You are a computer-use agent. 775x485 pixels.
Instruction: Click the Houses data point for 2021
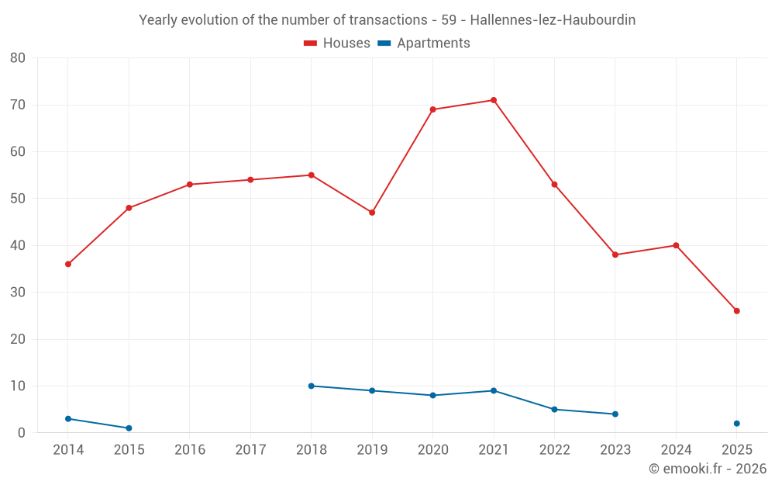[x=494, y=100]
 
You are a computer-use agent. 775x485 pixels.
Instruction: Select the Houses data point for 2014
[x=68, y=264]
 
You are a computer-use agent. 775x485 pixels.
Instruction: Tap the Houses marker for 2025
[x=736, y=311]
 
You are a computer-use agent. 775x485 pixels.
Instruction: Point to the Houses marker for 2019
[x=372, y=213]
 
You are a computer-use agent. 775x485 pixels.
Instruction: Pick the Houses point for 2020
[x=432, y=109]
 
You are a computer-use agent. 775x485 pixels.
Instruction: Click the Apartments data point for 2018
[x=312, y=386]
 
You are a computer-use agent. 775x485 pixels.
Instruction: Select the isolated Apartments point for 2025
[x=736, y=424]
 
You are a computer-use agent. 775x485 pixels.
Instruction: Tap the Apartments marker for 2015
[x=129, y=428]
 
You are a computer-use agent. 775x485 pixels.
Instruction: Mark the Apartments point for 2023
[x=615, y=414]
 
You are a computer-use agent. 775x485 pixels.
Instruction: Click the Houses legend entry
[x=337, y=43]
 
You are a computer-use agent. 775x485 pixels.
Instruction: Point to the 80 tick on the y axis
[x=18, y=58]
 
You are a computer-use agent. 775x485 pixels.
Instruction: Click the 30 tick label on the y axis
[x=18, y=293]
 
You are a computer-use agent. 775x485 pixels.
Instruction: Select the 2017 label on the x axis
[x=250, y=450]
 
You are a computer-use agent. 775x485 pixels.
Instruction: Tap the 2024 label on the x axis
[x=676, y=450]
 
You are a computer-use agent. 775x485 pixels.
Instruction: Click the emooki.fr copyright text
[x=708, y=469]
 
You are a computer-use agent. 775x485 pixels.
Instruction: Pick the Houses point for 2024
[x=676, y=245]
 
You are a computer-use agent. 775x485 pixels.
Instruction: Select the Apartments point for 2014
[x=68, y=419]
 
